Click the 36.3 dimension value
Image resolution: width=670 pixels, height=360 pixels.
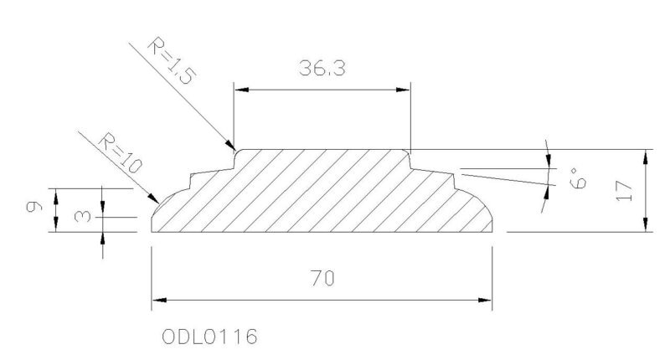pyautogui.click(x=322, y=69)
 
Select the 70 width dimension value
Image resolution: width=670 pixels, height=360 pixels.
pyautogui.click(x=322, y=279)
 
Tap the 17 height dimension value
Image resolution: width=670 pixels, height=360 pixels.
pyautogui.click(x=624, y=190)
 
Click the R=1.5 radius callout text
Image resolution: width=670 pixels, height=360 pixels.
pyautogui.click(x=172, y=60)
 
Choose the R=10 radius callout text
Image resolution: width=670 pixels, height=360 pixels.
pyautogui.click(x=120, y=153)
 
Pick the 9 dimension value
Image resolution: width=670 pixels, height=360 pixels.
pyautogui.click(x=34, y=207)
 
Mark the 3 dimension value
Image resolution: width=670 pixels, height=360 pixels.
pyautogui.click(x=82, y=216)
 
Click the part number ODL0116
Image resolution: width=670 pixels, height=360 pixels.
pyautogui.click(x=209, y=337)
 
